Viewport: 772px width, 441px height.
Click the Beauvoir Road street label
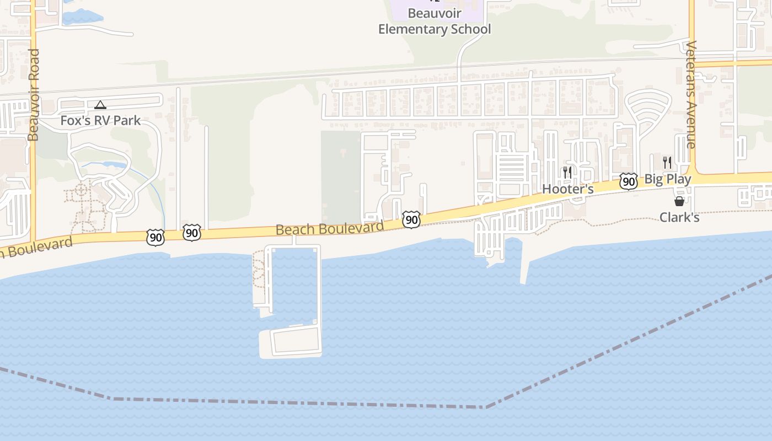(34, 95)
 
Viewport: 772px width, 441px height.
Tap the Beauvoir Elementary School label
(435, 21)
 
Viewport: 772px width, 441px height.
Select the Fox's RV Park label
(100, 120)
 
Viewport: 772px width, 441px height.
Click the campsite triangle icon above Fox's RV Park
(100, 105)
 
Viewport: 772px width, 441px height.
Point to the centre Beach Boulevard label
(330, 228)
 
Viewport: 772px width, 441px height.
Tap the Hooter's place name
(567, 189)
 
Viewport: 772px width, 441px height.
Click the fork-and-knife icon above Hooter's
(567, 173)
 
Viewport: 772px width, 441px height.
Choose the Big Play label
(667, 179)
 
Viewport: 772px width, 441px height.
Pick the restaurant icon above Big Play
(667, 162)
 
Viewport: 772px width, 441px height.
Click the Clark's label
(679, 217)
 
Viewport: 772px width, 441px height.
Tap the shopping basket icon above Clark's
(679, 202)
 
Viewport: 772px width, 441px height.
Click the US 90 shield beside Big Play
(628, 181)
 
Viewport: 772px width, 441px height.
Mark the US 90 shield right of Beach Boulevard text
(411, 219)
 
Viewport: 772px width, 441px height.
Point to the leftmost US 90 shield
(156, 238)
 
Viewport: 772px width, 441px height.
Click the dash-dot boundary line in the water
(298, 402)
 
